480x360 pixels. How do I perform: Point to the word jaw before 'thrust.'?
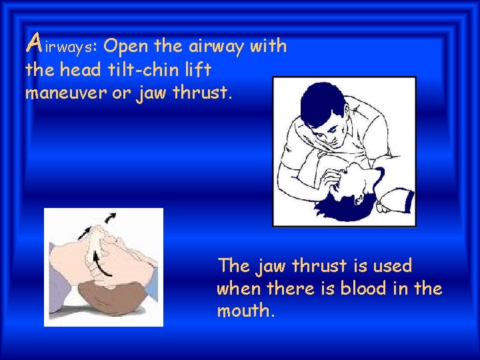click(151, 93)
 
